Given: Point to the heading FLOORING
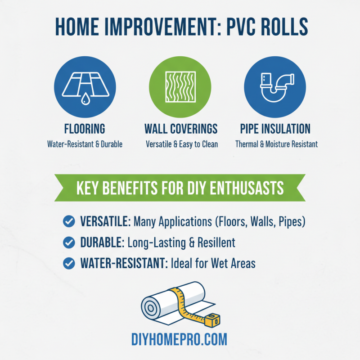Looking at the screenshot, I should point(85,129).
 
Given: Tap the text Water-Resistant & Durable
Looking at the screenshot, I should point(85,144).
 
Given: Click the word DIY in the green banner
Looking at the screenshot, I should point(194,188).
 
